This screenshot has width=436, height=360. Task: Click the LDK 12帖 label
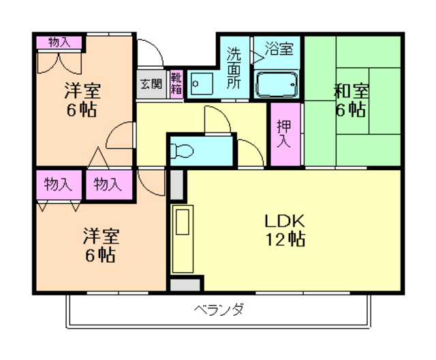pos(285,230)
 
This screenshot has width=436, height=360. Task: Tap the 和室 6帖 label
pos(352,100)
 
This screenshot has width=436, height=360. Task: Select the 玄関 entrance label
pos(151,84)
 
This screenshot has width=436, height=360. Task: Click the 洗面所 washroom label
pos(234,68)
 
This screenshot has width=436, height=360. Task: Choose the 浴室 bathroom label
pos(279,48)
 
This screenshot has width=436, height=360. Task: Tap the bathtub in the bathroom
pos(277,84)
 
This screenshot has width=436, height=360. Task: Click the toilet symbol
pos(182,151)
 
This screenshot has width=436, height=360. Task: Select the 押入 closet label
pos(284,134)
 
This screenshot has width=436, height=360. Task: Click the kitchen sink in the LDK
pos(183,222)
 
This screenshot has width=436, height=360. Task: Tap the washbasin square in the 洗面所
pos(202,84)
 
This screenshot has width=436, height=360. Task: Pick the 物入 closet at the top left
pos(59,42)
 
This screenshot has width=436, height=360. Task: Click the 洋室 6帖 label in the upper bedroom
pos(82,100)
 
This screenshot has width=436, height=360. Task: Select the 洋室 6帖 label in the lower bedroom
pos(101,246)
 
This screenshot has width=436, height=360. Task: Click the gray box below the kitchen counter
pos(185,285)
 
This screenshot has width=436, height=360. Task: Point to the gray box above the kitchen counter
pos(176,184)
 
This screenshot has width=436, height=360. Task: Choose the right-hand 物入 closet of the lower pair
pos(109,184)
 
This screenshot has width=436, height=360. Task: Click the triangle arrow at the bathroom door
pos(258,57)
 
